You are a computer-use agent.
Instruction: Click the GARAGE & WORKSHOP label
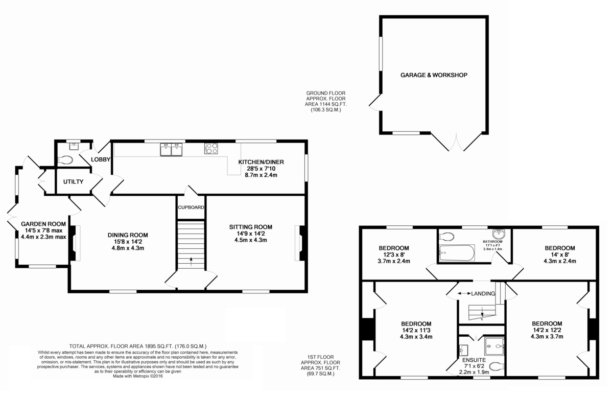coord(434,75)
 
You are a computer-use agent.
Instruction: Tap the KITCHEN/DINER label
coord(261,162)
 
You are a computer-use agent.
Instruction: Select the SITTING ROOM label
coord(250,227)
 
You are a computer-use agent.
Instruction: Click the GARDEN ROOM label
coord(43,224)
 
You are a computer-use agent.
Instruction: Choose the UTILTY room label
coord(73,182)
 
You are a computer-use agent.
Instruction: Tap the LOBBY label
coord(101,160)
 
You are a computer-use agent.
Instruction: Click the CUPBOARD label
coord(191,207)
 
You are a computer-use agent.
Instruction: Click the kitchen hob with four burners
coord(211,148)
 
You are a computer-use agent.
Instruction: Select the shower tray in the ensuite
coord(494,346)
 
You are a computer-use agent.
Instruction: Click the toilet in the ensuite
coord(496,366)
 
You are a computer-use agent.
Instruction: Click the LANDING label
coord(483,294)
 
